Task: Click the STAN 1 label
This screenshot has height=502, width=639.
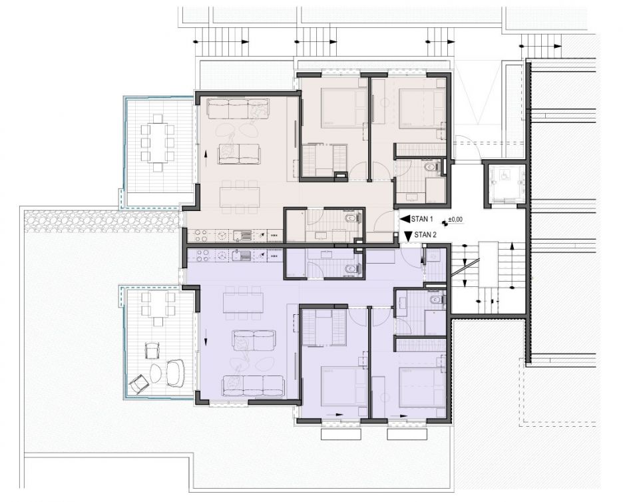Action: tap(422, 219)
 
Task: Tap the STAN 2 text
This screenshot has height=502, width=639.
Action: tap(425, 235)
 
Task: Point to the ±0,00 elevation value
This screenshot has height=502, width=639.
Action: tap(455, 220)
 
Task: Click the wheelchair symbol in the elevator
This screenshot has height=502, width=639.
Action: tap(504, 175)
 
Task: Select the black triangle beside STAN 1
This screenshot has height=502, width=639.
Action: tap(405, 219)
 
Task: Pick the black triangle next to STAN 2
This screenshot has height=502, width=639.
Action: tap(408, 235)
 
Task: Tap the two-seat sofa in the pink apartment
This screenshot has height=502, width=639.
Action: tap(239, 154)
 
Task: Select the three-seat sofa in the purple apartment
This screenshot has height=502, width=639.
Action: tap(253, 386)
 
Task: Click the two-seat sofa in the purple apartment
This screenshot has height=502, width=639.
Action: tap(254, 340)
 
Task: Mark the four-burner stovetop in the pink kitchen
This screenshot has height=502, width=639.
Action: tap(202, 235)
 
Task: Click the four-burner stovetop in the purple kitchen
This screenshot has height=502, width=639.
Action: tap(202, 256)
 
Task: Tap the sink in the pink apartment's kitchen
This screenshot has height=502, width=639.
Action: tap(241, 235)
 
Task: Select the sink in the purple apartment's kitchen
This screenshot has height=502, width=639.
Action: tap(241, 255)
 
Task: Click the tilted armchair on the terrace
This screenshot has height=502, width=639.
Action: tap(138, 383)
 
